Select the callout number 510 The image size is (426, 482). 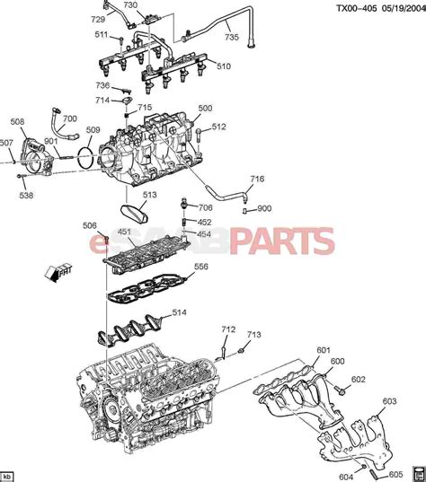(223, 66)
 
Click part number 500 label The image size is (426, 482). (206, 109)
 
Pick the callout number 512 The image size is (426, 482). (218, 127)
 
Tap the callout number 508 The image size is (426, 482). (18, 122)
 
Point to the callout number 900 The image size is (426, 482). (263, 209)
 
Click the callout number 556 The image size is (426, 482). (201, 267)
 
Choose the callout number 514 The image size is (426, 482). (180, 313)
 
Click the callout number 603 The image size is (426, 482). (388, 401)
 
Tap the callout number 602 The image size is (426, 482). (359, 380)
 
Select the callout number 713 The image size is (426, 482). (253, 335)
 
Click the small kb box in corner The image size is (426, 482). (8, 476)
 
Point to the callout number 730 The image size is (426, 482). (130, 5)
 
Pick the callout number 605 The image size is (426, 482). (395, 474)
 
